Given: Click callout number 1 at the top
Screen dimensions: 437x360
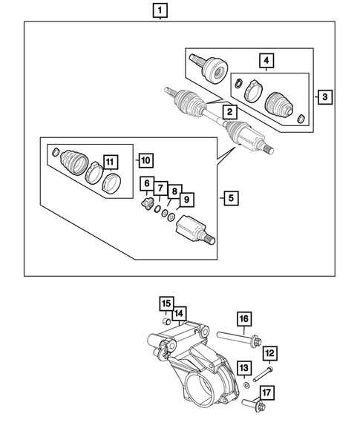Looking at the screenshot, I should (160, 10).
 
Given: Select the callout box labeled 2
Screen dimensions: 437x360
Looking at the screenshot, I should (230, 112).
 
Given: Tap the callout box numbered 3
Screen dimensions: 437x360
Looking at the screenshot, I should (323, 96).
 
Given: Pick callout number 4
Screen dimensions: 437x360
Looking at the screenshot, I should (264, 61).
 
